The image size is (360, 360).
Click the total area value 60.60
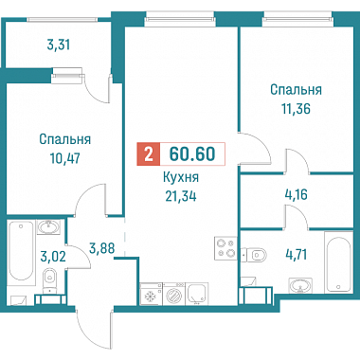(192, 153)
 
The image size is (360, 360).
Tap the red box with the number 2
(149, 154)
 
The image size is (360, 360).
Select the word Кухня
(181, 177)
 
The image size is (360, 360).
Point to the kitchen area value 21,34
(181, 196)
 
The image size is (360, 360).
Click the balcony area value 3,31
(58, 45)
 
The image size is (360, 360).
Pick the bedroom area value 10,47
(65, 158)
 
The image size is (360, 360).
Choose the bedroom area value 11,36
(296, 109)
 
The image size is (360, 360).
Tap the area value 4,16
(296, 194)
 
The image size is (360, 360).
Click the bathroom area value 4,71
(296, 254)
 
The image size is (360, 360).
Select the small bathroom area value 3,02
(53, 256)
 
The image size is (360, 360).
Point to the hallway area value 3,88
(101, 248)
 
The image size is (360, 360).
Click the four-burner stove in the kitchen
(225, 248)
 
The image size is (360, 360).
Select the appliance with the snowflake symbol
(151, 294)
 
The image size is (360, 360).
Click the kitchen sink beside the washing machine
(197, 294)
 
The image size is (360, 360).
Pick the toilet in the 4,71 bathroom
(254, 254)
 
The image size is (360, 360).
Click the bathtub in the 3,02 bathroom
(21, 250)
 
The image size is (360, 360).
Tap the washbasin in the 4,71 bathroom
(300, 286)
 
